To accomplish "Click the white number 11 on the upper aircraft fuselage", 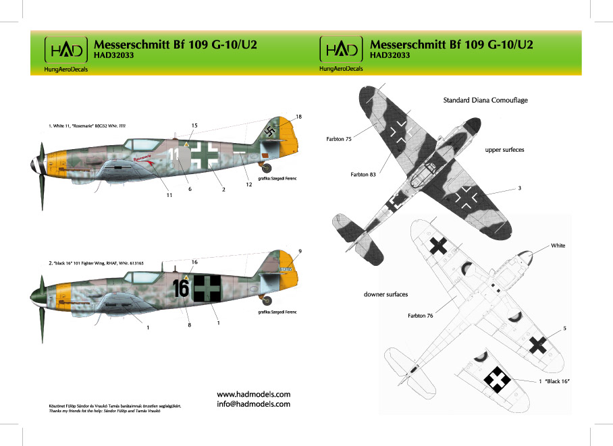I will [174, 154].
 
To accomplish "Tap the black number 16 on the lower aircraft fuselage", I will [181, 288].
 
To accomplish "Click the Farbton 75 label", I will [330, 138].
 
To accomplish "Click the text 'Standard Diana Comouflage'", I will [485, 100].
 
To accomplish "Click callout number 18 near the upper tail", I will [298, 117].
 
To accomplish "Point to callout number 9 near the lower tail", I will [299, 252].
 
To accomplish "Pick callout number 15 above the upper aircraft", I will [194, 126].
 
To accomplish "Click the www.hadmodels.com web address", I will [253, 394].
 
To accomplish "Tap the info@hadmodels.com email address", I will [253, 404].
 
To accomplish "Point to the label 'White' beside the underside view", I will [558, 246].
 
